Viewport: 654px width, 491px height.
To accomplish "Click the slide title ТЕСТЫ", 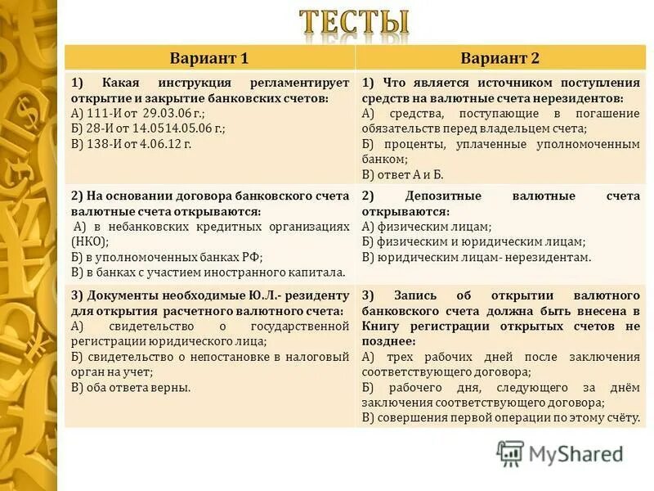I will [x=354, y=24].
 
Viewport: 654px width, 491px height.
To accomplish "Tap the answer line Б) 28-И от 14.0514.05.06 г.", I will [x=148, y=128].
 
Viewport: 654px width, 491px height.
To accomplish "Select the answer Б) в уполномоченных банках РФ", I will [x=160, y=257].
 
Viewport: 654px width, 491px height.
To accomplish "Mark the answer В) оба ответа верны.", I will [x=131, y=387].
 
